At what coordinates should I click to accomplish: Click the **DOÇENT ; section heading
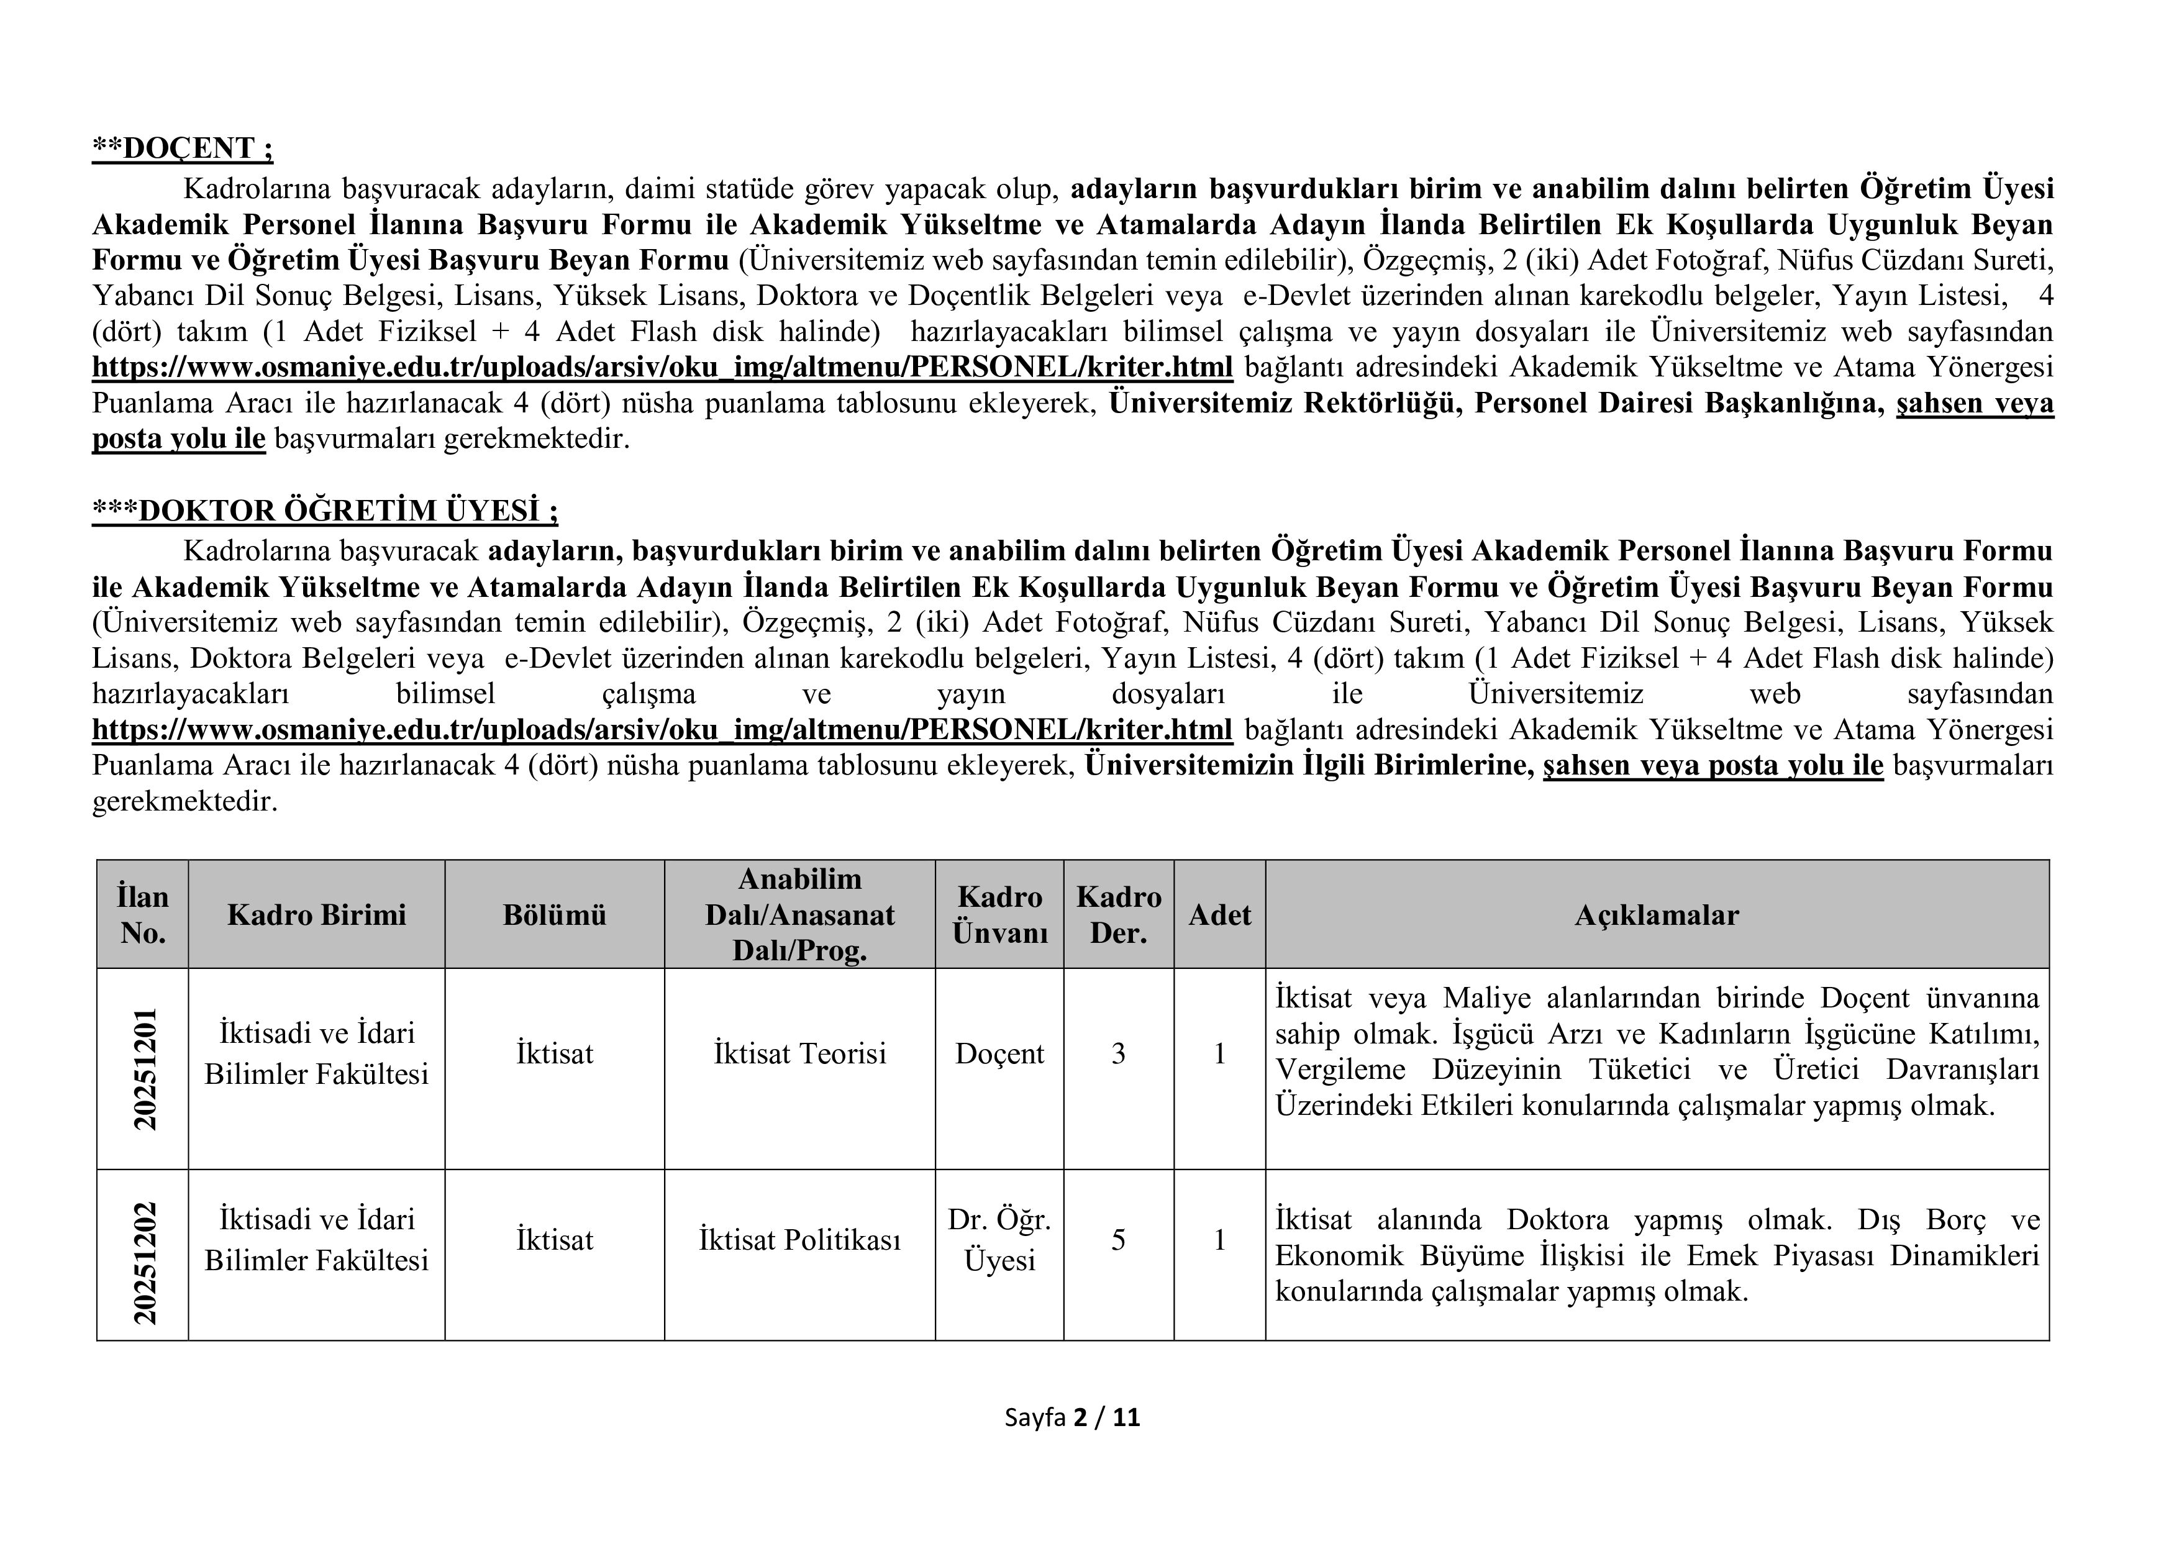(x=182, y=149)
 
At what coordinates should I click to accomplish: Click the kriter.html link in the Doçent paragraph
(x=662, y=367)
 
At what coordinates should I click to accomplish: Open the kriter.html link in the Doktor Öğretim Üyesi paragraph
(x=662, y=730)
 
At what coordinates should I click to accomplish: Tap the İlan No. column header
(x=142, y=915)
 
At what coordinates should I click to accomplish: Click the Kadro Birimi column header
(x=316, y=915)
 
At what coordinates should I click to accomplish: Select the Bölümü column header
(x=554, y=915)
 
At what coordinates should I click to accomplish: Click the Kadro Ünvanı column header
(x=999, y=915)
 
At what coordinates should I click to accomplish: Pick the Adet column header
(x=1219, y=915)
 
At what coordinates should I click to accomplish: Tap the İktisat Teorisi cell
(x=799, y=1053)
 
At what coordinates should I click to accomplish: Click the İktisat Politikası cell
(x=799, y=1240)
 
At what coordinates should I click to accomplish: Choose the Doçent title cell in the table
(x=999, y=1053)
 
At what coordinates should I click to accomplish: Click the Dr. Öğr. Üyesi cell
(x=999, y=1240)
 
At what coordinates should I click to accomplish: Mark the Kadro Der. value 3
(x=1118, y=1053)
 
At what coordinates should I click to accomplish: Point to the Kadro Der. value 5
(x=1118, y=1240)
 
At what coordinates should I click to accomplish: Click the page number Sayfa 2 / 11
(x=1072, y=1417)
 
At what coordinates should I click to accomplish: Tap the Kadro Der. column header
(x=1118, y=915)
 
